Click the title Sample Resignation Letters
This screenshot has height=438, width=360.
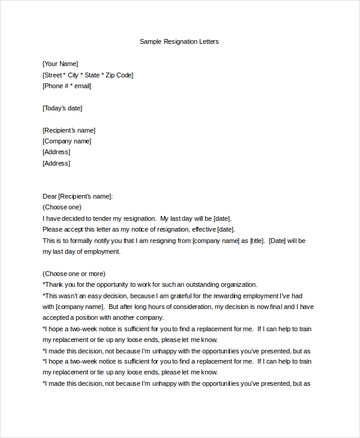click(179, 41)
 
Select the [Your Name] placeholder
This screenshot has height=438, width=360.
click(60, 64)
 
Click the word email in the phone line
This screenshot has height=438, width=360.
click(82, 86)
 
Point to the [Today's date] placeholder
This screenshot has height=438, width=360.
click(62, 108)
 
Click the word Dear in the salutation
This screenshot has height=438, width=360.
click(49, 196)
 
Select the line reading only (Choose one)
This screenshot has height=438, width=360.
click(62, 207)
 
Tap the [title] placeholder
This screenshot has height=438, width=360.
click(257, 241)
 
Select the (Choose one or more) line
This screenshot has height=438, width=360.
click(74, 274)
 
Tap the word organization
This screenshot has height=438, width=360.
click(238, 284)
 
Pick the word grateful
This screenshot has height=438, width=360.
click(176, 296)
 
